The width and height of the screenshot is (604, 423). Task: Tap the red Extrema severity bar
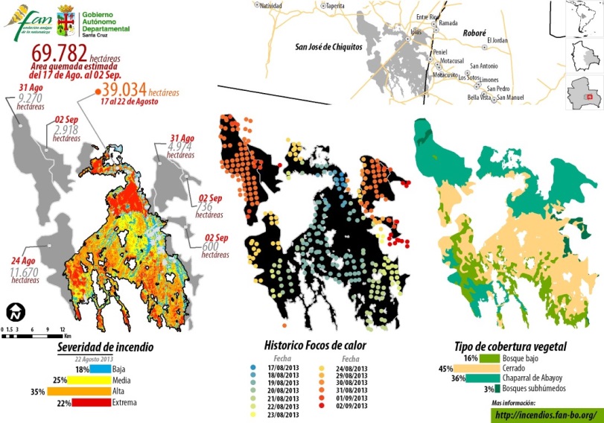click(95, 402)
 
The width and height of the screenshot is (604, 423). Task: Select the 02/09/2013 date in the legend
click(352, 406)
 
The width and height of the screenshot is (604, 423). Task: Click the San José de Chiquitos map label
click(328, 46)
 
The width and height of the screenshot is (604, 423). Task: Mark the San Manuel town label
click(510, 98)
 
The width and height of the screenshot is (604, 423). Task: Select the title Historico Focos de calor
click(315, 346)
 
